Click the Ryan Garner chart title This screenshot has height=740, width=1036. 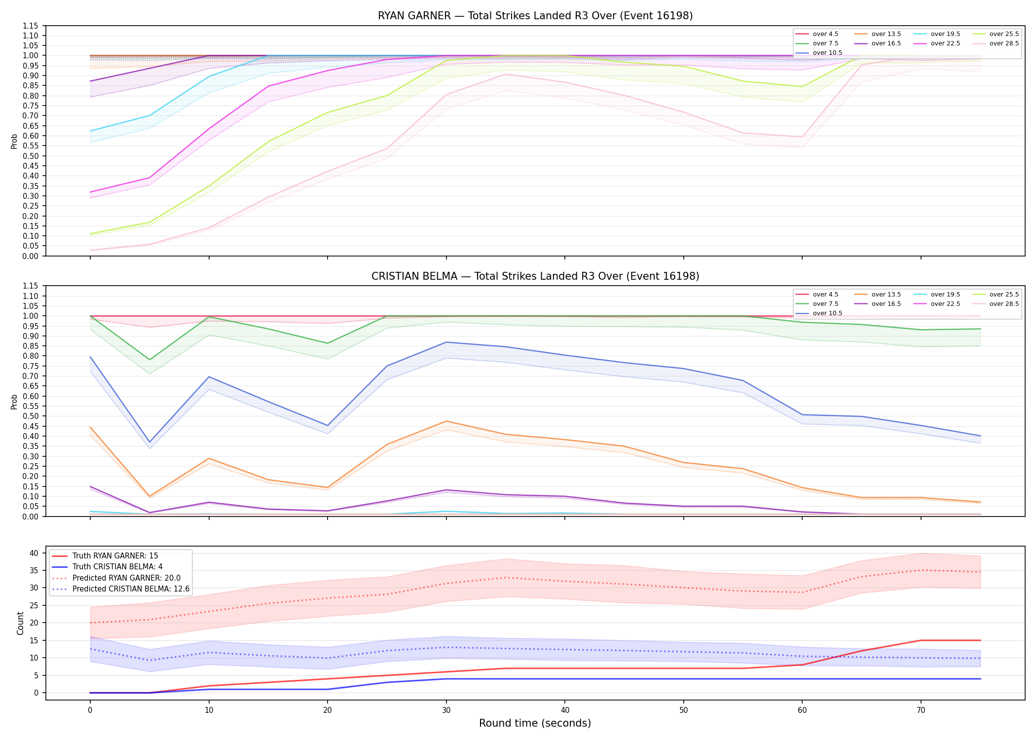point(535,16)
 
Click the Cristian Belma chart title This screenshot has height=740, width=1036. point(535,276)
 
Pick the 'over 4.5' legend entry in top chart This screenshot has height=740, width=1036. point(817,34)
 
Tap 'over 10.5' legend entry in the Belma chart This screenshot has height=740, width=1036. point(819,313)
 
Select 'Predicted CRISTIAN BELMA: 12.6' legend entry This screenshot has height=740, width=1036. point(120,589)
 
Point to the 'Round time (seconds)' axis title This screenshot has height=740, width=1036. point(535,723)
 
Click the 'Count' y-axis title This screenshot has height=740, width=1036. point(20,623)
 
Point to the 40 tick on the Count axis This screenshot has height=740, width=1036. point(34,553)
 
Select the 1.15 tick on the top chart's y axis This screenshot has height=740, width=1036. point(31,26)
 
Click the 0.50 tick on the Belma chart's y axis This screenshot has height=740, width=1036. point(31,416)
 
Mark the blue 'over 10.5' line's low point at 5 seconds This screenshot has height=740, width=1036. point(149,442)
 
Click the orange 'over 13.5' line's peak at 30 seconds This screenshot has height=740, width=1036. point(446,421)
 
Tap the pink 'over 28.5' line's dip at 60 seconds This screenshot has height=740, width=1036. point(802,137)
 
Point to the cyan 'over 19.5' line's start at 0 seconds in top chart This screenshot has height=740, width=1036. point(90,131)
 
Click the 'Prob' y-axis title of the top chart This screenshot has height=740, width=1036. point(14,142)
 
